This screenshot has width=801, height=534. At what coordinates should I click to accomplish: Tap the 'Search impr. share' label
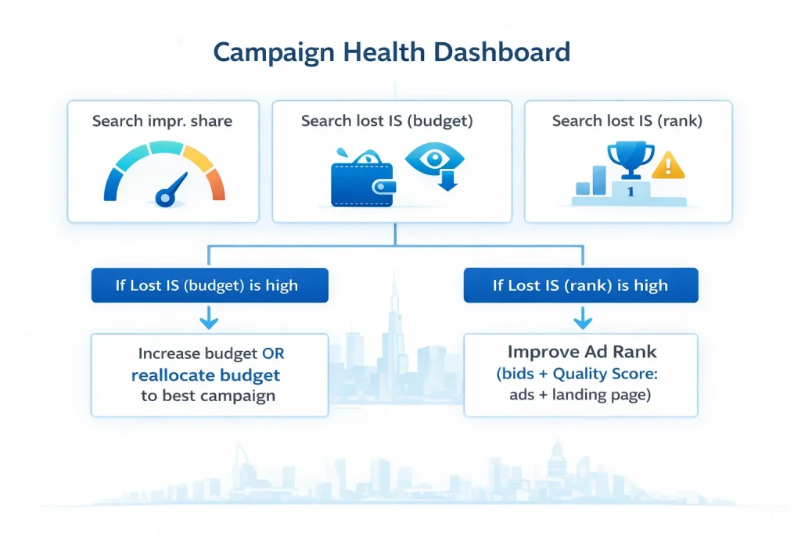point(162,121)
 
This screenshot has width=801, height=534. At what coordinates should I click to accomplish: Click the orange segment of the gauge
point(216,183)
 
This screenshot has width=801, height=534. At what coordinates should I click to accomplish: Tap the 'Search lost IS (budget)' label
point(390,121)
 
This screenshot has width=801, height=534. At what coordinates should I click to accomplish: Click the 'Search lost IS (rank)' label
point(627,121)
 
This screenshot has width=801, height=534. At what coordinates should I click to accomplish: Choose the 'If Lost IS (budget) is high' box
point(207,285)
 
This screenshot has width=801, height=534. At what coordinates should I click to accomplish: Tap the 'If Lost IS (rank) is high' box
point(580,285)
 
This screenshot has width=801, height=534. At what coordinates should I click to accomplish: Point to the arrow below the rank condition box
point(580,318)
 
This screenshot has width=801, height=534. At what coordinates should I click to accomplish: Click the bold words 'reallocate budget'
point(206,375)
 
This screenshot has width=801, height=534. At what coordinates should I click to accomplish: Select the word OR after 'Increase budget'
point(273,354)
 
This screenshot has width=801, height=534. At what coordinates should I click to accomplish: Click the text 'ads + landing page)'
point(579,396)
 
